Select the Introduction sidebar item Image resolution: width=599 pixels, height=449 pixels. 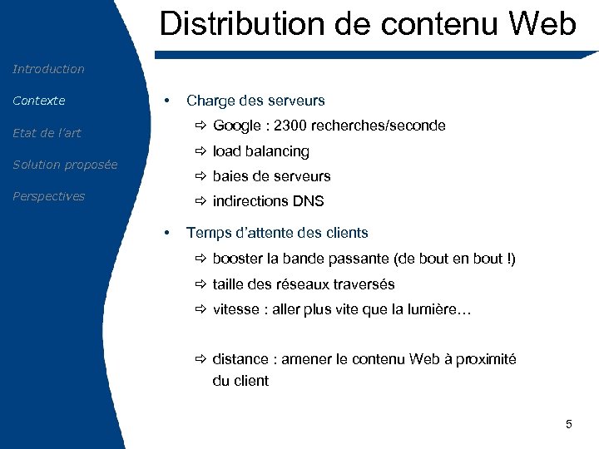48,69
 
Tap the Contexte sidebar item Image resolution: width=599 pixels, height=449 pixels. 38,101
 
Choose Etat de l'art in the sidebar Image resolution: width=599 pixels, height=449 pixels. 47,133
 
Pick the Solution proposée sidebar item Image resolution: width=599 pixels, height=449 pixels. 65,165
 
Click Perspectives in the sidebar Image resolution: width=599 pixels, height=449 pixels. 48,196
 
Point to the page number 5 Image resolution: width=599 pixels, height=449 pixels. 569,425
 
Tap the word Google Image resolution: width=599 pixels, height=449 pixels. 236,126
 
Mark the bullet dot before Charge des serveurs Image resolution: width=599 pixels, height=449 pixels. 168,101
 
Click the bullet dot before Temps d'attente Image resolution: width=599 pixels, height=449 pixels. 168,233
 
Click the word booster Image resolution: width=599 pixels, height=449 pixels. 238,259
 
